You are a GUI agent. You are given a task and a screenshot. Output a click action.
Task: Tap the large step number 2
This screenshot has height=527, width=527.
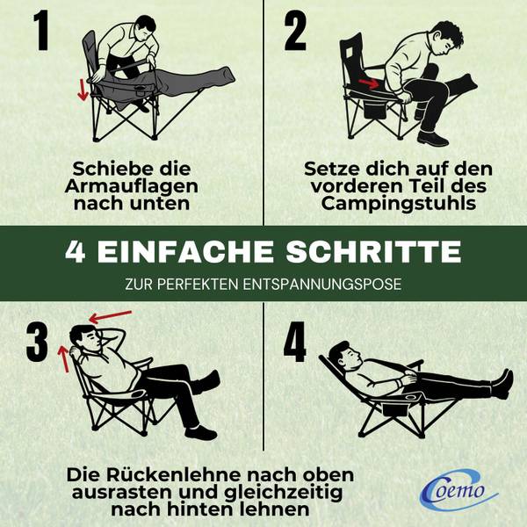pyautogui.click(x=295, y=31)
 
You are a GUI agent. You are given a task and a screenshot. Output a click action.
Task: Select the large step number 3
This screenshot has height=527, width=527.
pyautogui.click(x=37, y=342)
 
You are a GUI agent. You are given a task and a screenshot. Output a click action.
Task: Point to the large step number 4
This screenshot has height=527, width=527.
pyautogui.click(x=295, y=342)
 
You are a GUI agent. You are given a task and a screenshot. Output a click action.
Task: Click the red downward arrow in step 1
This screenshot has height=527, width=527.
pyautogui.click(x=83, y=90)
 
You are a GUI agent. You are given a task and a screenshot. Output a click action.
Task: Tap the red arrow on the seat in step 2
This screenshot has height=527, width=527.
pyautogui.click(x=369, y=83)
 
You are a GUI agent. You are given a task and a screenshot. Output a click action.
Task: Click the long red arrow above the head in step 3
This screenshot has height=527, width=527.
pyautogui.click(x=111, y=316)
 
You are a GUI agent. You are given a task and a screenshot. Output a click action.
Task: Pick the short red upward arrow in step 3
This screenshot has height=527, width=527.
pyautogui.click(x=63, y=359)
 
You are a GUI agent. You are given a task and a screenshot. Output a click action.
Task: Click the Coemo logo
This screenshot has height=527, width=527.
pyautogui.click(x=458, y=490)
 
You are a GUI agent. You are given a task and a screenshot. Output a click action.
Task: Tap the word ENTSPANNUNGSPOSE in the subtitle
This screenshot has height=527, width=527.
pyautogui.click(x=322, y=284)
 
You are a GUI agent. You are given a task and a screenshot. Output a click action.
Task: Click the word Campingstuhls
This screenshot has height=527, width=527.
pyautogui.click(x=398, y=205)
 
